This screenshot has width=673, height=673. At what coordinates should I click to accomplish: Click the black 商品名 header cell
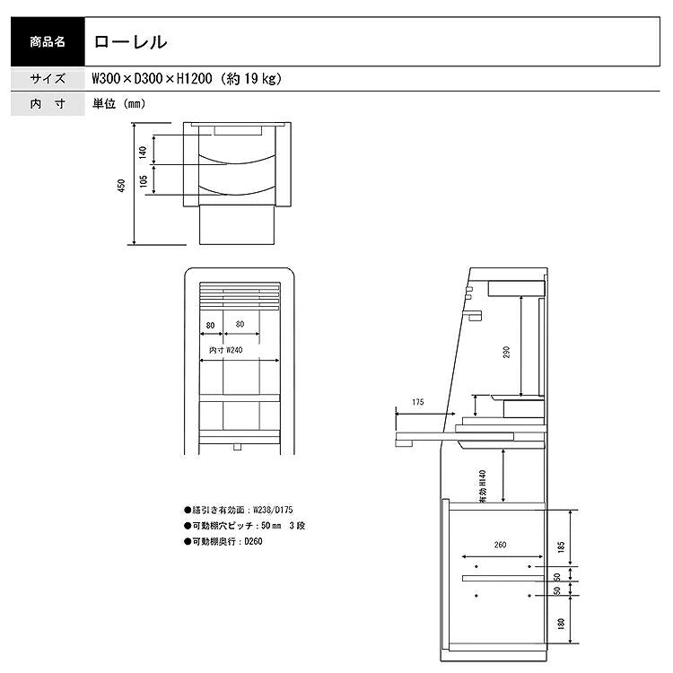click(x=48, y=41)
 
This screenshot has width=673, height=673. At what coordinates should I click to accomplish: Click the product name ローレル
click(x=130, y=41)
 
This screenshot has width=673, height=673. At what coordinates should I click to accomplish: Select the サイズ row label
click(x=48, y=79)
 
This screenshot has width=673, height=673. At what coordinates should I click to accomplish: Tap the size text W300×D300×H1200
click(x=152, y=79)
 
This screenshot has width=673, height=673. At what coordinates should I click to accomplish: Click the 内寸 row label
click(x=48, y=103)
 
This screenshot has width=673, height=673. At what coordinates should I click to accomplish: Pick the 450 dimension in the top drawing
click(x=121, y=186)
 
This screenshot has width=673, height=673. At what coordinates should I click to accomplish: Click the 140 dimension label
click(x=143, y=153)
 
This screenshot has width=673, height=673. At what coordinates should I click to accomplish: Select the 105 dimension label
click(x=144, y=181)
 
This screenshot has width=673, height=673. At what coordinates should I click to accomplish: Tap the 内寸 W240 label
click(x=226, y=350)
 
